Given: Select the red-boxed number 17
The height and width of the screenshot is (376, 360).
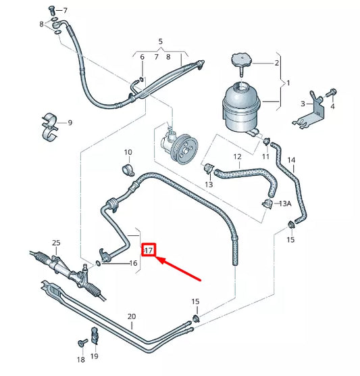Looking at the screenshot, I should pos(149,250).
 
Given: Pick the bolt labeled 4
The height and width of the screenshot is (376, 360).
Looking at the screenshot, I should pos(332,91).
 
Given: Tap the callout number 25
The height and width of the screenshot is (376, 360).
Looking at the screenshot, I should pos(56,243).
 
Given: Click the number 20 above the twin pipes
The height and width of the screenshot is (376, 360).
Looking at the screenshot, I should pos(132,316).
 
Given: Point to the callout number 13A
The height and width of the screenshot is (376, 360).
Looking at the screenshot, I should pos(285,204).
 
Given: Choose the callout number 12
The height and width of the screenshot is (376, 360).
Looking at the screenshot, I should pos(238,157).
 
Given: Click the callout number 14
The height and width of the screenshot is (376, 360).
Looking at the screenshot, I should pos(292,160).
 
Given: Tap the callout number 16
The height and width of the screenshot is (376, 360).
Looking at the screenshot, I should pos(133,263).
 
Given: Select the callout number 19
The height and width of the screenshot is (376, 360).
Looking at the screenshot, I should pos(95,356).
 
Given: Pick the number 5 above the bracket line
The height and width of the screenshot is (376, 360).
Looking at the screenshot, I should pos(161,41).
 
